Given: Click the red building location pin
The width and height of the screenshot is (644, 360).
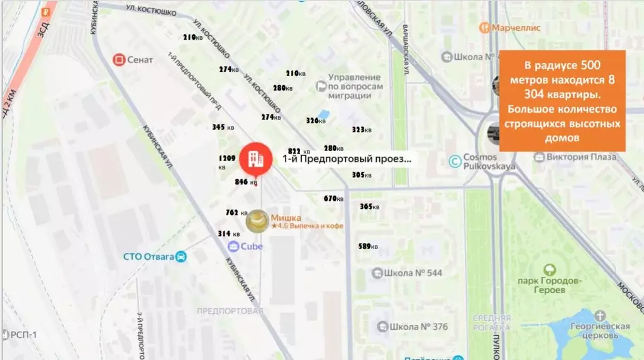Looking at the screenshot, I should pos(255,159).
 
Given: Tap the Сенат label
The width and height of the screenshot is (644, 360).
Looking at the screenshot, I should pos(140,60).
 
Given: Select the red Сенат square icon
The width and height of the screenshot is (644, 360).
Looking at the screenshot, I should pos(118,60).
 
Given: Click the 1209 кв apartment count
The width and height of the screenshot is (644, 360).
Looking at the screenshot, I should pos(226,161).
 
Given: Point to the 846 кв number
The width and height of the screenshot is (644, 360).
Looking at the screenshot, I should pos(245,182).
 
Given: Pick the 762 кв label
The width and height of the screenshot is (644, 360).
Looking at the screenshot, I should pos(235,213).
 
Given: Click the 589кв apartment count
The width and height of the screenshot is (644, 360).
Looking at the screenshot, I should pos(368,246).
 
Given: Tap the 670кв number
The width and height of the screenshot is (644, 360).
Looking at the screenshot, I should pos(334,199).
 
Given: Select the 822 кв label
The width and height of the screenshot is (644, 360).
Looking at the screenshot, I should pos(299,151).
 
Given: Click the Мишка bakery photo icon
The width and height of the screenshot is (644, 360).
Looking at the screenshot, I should pos(257,220).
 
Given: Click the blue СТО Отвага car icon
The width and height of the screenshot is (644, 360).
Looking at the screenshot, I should pos(181,256).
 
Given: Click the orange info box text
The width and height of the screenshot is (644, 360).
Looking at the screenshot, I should pos(562,101).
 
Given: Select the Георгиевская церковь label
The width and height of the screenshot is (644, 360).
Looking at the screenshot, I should pos(601,330).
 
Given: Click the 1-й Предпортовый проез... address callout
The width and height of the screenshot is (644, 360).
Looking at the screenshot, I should pos(347,159).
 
